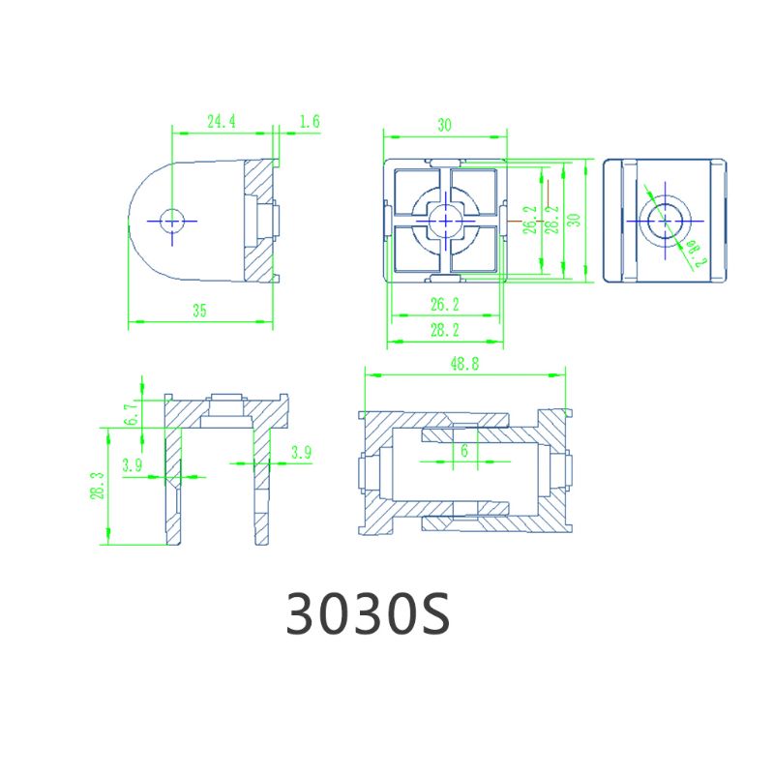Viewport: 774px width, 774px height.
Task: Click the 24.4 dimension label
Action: pyautogui.click(x=222, y=122)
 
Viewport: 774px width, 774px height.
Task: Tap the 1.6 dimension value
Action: pyautogui.click(x=310, y=122)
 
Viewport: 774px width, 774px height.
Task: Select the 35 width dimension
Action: pyautogui.click(x=199, y=311)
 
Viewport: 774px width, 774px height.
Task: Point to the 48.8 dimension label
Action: pyautogui.click(x=464, y=365)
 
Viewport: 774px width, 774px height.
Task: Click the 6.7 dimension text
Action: pyautogui.click(x=131, y=415)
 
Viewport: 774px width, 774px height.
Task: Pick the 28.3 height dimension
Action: pyautogui.click(x=98, y=486)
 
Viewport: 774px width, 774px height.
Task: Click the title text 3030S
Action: pyautogui.click(x=368, y=612)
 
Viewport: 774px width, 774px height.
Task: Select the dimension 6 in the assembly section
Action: pyautogui.click(x=464, y=450)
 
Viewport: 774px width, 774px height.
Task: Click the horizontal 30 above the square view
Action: pyautogui.click(x=445, y=126)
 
